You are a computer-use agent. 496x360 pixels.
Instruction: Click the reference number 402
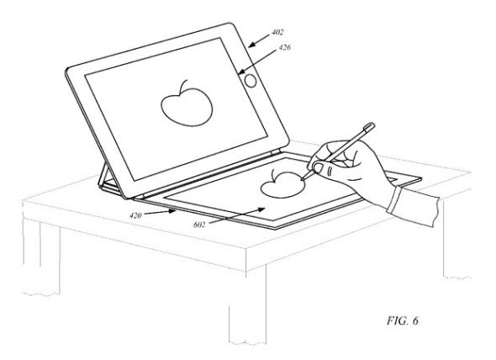pos(277,32)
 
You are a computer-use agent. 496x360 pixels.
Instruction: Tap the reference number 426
pos(284,48)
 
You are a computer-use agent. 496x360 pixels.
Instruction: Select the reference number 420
pos(135,215)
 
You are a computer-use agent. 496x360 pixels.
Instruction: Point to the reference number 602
pos(199,225)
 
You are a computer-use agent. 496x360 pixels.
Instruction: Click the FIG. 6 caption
pos(403,320)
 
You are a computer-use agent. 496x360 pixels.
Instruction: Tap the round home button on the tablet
pos(251,81)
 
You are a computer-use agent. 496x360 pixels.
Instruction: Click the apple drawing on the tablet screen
pos(187,103)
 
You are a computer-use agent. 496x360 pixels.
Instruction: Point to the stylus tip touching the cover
pos(303,180)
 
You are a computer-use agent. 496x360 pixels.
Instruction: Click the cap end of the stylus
pos(370,127)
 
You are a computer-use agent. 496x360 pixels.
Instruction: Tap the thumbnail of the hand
pos(317,168)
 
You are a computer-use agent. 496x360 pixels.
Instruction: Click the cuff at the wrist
pos(393,199)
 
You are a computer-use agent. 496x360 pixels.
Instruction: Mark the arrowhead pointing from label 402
pos(251,45)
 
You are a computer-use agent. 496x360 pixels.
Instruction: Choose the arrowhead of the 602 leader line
pos(261,209)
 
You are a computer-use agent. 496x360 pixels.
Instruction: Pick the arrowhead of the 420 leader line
pos(172,210)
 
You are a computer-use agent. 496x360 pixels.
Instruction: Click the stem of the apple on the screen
pos(183,87)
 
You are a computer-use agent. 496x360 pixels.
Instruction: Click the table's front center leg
pos(247,305)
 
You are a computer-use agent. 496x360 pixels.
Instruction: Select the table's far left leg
pos(41,257)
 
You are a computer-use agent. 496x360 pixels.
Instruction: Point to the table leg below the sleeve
pos(456,241)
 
